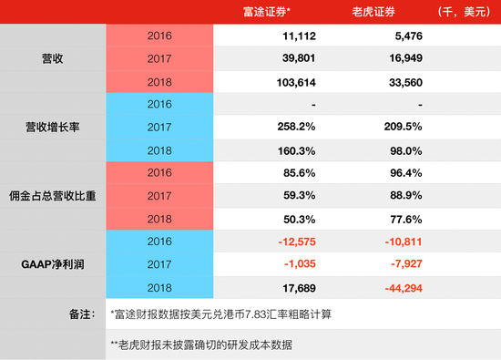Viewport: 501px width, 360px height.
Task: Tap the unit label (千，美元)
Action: coord(464,12)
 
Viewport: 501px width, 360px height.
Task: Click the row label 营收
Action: coord(54,57)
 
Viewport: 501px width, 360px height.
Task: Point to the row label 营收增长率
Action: coord(54,126)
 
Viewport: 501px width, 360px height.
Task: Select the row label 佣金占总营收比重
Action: coord(54,194)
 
